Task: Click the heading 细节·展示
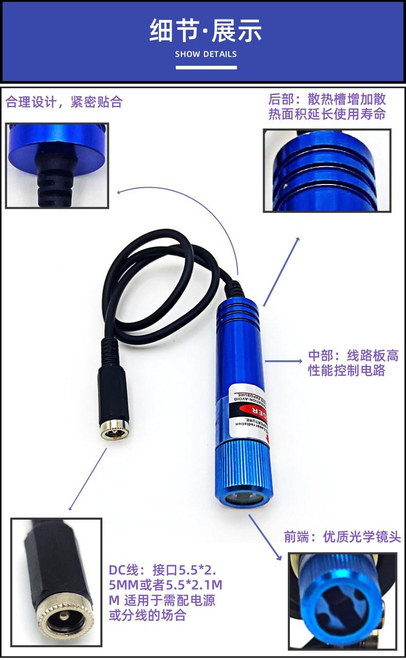point(206,30)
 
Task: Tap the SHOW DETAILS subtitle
point(206,54)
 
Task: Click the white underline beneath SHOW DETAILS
point(206,67)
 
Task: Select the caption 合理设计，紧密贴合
point(64,102)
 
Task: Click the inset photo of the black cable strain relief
point(57,165)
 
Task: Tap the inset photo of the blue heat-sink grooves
point(327,170)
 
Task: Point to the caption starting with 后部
point(327,106)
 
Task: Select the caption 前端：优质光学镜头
point(342,537)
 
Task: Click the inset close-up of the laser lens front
point(342,600)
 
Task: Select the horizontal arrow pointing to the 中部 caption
point(284,361)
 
